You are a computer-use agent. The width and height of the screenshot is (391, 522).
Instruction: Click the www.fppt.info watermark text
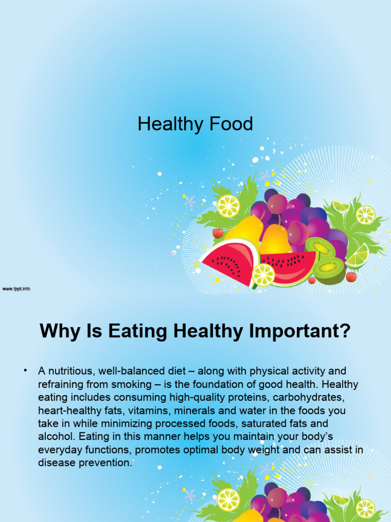[16, 289]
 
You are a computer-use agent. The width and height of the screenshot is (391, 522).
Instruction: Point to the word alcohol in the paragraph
[54, 437]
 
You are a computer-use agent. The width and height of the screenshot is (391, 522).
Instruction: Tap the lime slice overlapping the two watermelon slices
[263, 275]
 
